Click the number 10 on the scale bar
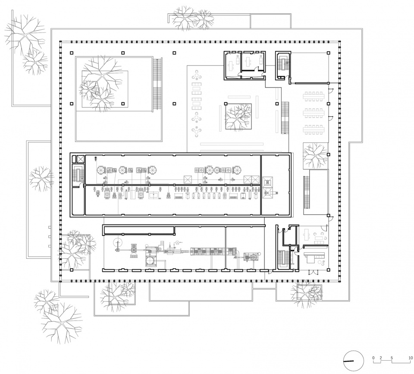pos(411,358)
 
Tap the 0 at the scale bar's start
pos(373,358)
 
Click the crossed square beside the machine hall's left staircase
pos(80,159)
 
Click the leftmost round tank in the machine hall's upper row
pos(101,170)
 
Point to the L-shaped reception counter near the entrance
pos(313,257)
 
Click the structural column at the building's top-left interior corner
pos(72,53)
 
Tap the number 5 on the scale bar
pos(392,358)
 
